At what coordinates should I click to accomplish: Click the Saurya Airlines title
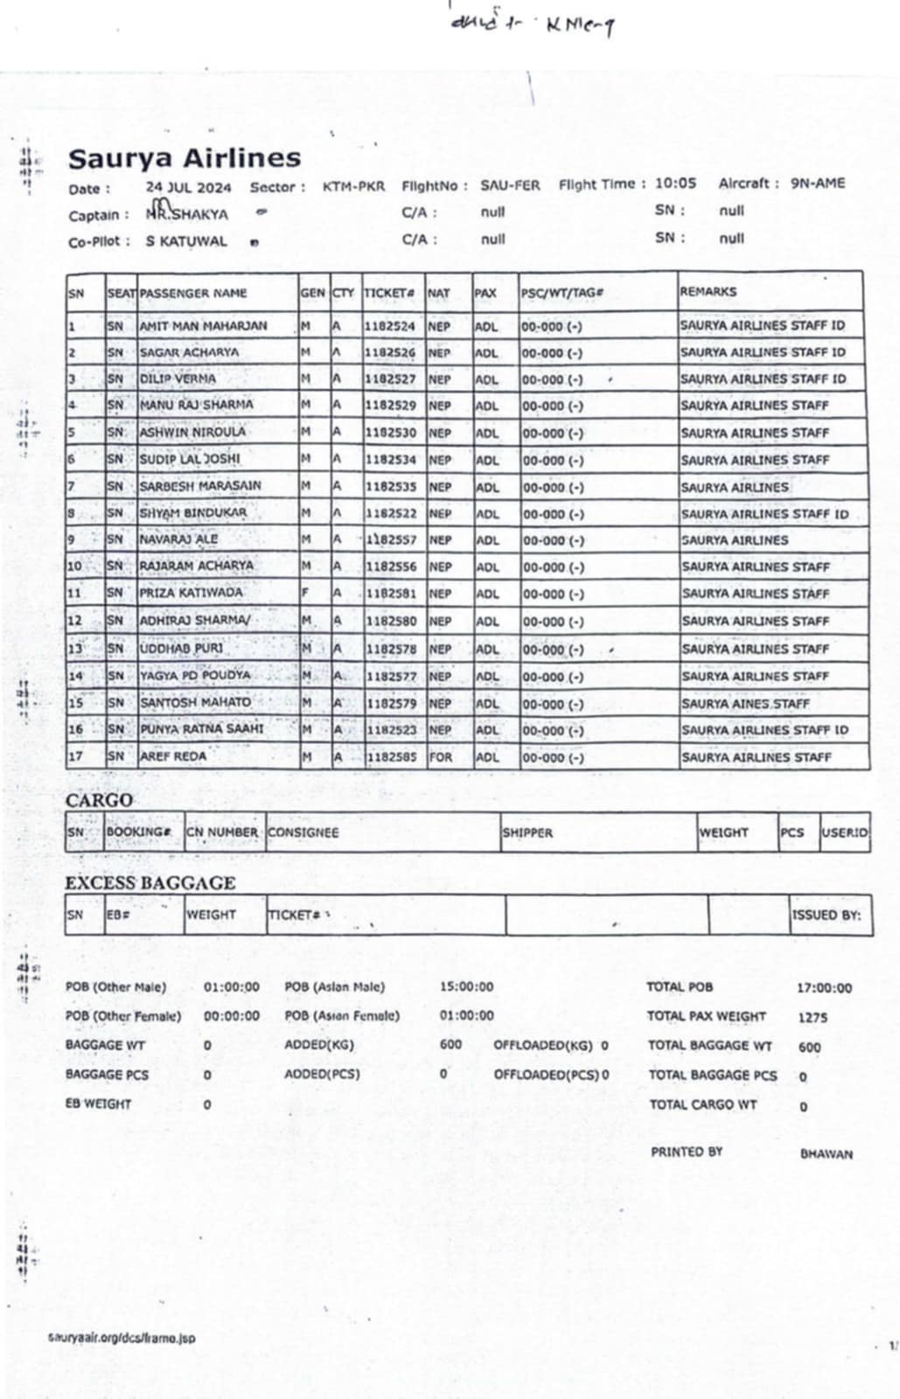pyautogui.click(x=185, y=158)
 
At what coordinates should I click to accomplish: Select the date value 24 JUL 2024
pyautogui.click(x=188, y=187)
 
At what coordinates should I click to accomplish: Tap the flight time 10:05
pyautogui.click(x=675, y=184)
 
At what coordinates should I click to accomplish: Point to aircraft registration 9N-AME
pyautogui.click(x=818, y=184)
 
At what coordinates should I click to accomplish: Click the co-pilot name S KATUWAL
pyautogui.click(x=186, y=241)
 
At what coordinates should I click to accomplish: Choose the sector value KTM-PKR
pyautogui.click(x=353, y=186)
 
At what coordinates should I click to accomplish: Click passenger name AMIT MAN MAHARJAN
pyautogui.click(x=203, y=326)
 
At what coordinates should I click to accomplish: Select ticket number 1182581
pyautogui.click(x=390, y=594)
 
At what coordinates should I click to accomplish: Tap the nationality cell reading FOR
pyautogui.click(x=441, y=757)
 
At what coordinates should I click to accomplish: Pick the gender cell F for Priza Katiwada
pyautogui.click(x=305, y=594)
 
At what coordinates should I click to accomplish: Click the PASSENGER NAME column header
pyautogui.click(x=193, y=293)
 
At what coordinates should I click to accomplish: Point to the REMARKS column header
pyautogui.click(x=708, y=291)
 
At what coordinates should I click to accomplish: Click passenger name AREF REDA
pyautogui.click(x=173, y=756)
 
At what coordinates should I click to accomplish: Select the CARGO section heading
pyautogui.click(x=99, y=800)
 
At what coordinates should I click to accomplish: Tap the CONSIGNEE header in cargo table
pyautogui.click(x=303, y=832)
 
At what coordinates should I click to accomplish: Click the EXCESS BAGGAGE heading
pyautogui.click(x=150, y=883)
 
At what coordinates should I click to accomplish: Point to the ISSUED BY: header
pyautogui.click(x=827, y=915)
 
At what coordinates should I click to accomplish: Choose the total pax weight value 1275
pyautogui.click(x=813, y=1018)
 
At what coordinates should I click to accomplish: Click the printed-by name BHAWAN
pyautogui.click(x=826, y=1154)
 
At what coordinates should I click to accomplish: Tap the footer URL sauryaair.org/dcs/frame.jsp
pyautogui.click(x=122, y=1338)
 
